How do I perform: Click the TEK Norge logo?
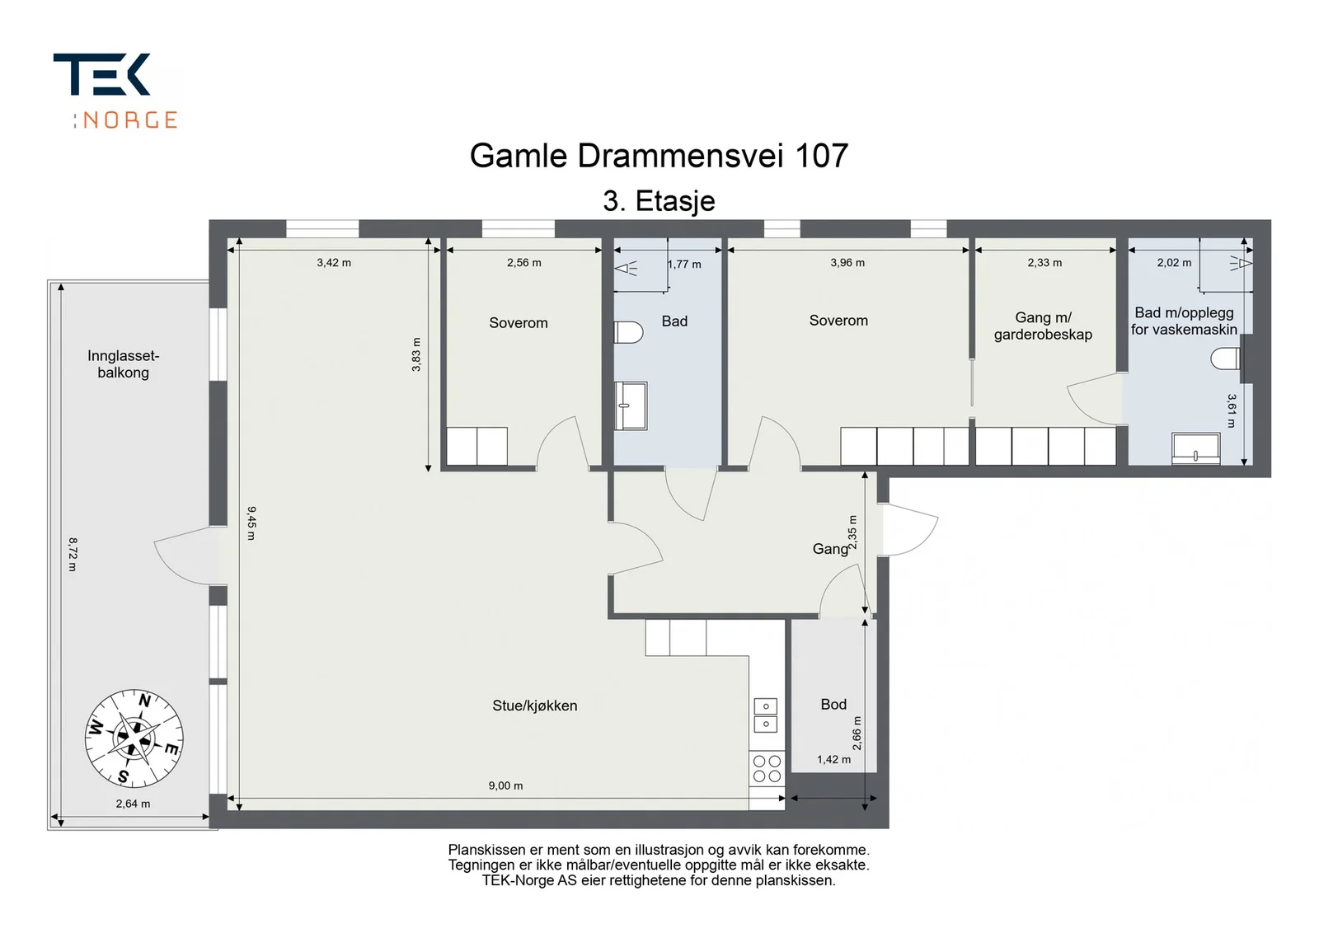tap(115, 90)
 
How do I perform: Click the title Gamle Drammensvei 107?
tap(659, 156)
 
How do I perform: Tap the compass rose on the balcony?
tap(134, 738)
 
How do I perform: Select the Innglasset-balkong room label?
tap(123, 363)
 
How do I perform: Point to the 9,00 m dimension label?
tap(505, 785)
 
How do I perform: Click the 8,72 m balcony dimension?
tap(73, 554)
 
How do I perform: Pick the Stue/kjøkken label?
tap(535, 706)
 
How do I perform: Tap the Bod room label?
tap(833, 704)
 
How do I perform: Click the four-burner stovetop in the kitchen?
tap(767, 768)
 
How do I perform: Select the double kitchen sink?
tap(766, 715)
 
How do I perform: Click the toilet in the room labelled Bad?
tap(628, 332)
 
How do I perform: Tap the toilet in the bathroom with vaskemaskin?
tap(1225, 358)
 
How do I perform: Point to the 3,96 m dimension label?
tap(847, 263)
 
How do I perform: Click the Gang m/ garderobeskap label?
tap(1043, 326)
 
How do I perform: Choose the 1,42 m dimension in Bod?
tap(833, 759)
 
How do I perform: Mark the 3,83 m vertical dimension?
tap(416, 354)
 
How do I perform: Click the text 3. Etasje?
tap(659, 201)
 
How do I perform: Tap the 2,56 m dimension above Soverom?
tap(523, 263)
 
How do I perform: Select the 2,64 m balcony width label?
tap(133, 804)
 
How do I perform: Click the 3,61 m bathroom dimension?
tap(1232, 410)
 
